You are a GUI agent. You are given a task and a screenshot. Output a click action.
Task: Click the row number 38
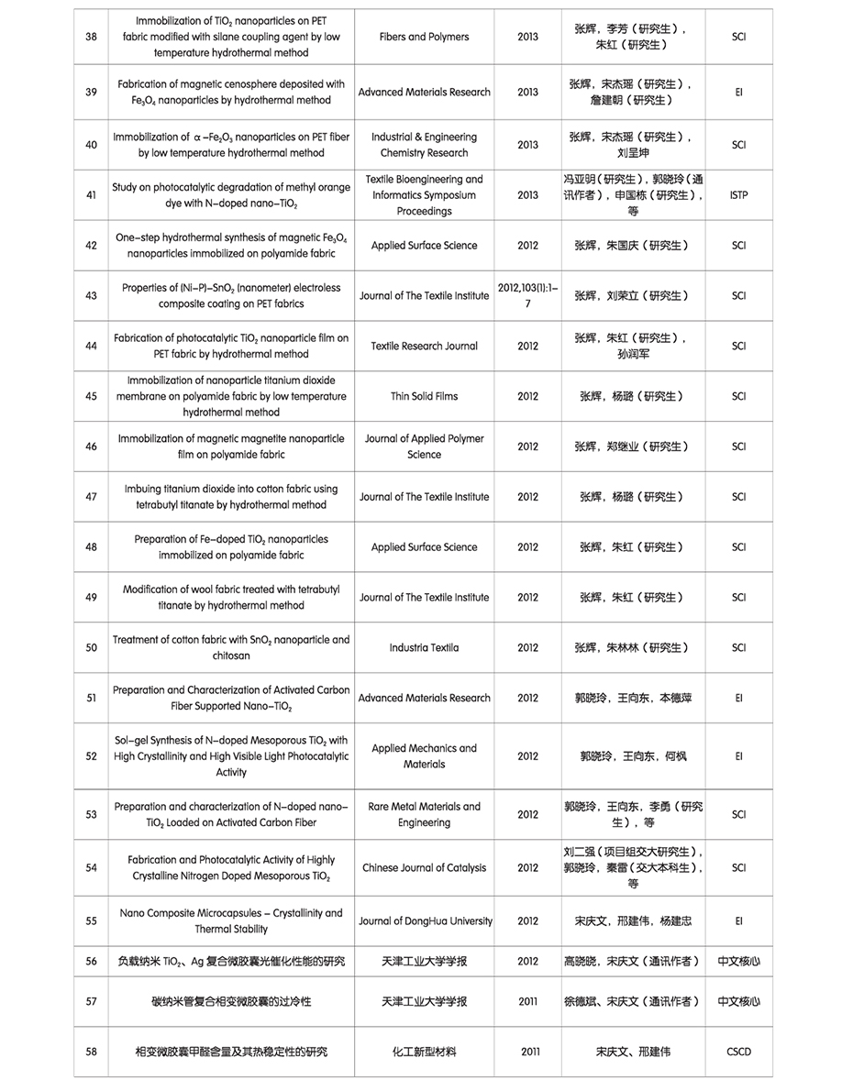coord(91,37)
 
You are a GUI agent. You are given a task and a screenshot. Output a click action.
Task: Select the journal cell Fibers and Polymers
coord(424,37)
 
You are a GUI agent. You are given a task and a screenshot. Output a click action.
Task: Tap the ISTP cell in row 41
coord(739,195)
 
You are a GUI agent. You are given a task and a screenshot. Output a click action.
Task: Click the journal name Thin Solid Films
coord(424,396)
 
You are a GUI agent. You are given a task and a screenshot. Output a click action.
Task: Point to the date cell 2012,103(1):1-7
coord(527,295)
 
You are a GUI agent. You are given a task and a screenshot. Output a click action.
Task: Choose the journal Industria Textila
coord(424,647)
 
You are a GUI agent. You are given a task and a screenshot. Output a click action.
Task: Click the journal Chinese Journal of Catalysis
coord(424,867)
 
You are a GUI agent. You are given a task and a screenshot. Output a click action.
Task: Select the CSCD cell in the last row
coord(738,1052)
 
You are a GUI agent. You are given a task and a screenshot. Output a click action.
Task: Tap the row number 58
coord(91,1052)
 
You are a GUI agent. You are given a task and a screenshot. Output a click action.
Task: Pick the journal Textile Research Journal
coord(424,346)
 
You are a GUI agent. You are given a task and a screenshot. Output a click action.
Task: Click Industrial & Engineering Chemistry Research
coord(424,145)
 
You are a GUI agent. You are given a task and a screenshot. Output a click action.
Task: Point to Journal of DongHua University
coord(425,920)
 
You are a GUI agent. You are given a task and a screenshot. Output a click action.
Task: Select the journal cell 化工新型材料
coord(424,1052)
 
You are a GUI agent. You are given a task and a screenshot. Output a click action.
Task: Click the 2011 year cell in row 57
coord(527,1001)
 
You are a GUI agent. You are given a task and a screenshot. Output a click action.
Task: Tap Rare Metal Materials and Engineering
coord(424,814)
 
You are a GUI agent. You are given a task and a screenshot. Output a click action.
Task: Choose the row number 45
coord(91,396)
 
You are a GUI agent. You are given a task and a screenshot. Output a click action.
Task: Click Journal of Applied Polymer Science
coord(424,446)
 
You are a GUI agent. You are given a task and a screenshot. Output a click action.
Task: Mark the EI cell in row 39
coord(739,92)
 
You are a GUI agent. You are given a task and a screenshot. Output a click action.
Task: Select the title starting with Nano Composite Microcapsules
coord(231,920)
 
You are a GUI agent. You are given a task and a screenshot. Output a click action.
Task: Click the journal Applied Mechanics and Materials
coord(424,756)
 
